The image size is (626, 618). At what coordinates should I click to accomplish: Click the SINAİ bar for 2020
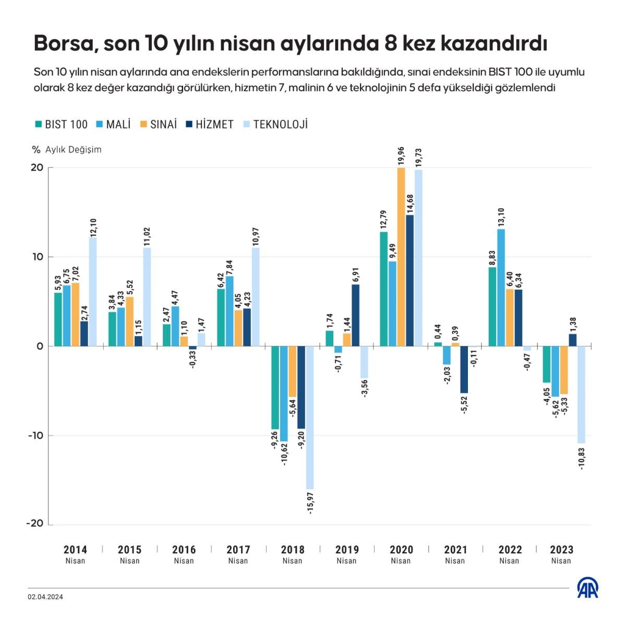(401, 257)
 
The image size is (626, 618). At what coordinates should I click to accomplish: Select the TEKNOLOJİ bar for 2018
(310, 417)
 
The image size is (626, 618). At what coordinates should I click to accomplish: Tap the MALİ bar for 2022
(501, 288)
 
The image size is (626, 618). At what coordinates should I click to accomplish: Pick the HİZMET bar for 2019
(356, 315)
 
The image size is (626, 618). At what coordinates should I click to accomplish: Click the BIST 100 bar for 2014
(58, 319)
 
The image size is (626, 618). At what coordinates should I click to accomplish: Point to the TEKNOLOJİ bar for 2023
(581, 395)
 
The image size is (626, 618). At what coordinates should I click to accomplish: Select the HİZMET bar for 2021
(464, 370)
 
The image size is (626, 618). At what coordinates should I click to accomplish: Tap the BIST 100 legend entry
(61, 124)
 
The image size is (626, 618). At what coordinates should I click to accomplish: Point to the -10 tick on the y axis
(37, 435)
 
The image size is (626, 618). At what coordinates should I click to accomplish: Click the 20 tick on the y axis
(37, 168)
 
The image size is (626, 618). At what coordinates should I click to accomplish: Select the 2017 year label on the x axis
(238, 550)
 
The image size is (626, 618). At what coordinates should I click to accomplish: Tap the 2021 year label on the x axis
(455, 550)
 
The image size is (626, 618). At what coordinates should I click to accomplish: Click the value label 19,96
(401, 156)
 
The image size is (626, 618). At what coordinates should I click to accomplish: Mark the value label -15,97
(311, 503)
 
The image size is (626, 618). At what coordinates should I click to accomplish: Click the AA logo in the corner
(588, 588)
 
